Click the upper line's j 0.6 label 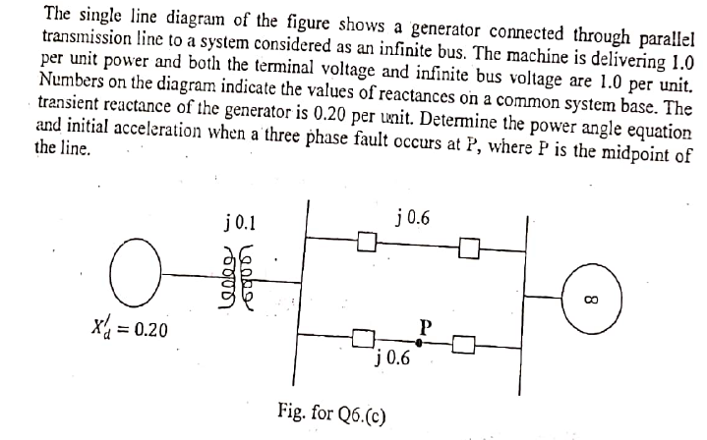(x=411, y=217)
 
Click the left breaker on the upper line (x=367, y=239)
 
